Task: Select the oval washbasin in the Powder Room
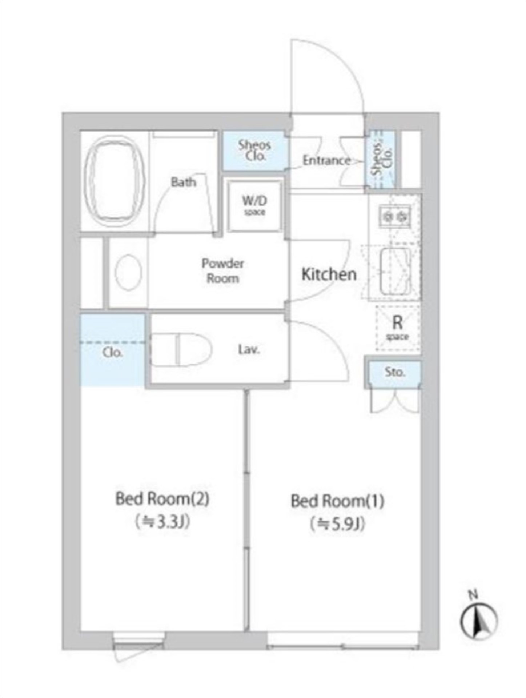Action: coord(128,272)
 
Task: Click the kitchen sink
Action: coord(395,271)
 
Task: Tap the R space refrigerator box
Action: coord(398,328)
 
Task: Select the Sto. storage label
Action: coord(395,372)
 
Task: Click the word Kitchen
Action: coord(329,274)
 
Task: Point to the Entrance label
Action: coord(326,160)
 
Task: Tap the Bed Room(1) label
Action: coord(337,501)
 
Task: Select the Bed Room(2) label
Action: coord(162,499)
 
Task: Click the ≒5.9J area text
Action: coord(337,525)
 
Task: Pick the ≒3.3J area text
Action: coord(162,522)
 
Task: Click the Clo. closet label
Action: coord(112,353)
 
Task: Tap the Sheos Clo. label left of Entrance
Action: coord(254,151)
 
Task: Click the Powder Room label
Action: coord(223,271)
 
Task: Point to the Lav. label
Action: coord(249,350)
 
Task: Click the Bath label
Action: coord(184,182)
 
